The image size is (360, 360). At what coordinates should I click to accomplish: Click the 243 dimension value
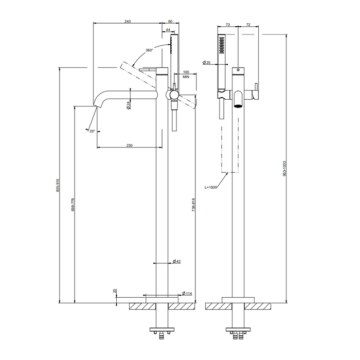pyautogui.click(x=128, y=22)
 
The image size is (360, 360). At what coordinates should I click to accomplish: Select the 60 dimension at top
pyautogui.click(x=170, y=22)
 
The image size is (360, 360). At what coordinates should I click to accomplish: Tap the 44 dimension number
pyautogui.click(x=168, y=30)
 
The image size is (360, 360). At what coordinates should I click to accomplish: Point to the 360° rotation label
pyautogui.click(x=149, y=50)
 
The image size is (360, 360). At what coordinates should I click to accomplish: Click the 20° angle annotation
pyautogui.click(x=92, y=131)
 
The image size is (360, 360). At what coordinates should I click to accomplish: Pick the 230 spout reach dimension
pyautogui.click(x=130, y=145)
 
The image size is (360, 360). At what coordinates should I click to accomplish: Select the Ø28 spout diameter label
pyautogui.click(x=129, y=105)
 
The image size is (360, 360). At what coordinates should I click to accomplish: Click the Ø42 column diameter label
pyautogui.click(x=177, y=261)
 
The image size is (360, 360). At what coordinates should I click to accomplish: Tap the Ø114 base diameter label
pyautogui.click(x=187, y=294)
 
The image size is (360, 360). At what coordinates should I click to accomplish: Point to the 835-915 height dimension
pyautogui.click(x=58, y=185)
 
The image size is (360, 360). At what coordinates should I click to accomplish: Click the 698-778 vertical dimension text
pyautogui.click(x=73, y=205)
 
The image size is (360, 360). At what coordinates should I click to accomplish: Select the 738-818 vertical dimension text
pyautogui.click(x=193, y=205)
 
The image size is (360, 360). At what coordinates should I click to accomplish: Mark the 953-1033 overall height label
pyautogui.click(x=284, y=169)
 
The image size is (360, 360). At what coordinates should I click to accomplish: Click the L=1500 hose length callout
pyautogui.click(x=210, y=187)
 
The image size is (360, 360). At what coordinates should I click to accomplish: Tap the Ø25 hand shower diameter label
pyautogui.click(x=207, y=62)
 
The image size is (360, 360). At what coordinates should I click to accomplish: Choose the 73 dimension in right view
pyautogui.click(x=227, y=25)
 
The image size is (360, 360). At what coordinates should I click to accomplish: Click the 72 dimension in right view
pyautogui.click(x=248, y=25)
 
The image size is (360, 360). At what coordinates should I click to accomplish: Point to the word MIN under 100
pyautogui.click(x=186, y=77)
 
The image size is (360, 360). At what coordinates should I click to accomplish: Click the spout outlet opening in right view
pyautogui.click(x=238, y=106)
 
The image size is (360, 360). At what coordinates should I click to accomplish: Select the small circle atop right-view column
pyautogui.click(x=238, y=69)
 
